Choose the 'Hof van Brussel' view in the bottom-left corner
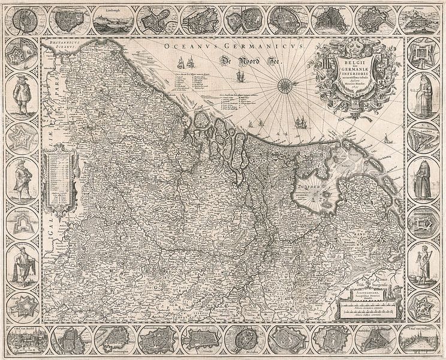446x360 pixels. [22, 341]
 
